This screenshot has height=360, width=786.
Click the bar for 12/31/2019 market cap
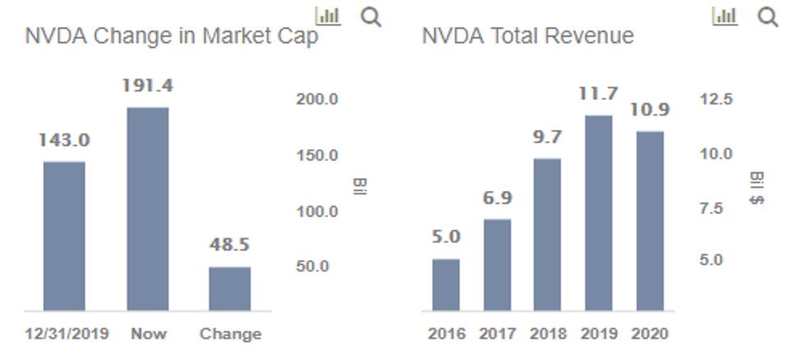(64, 236)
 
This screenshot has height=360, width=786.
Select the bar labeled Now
(148, 209)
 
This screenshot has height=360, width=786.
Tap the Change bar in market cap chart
(230, 289)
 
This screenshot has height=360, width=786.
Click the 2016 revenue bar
(446, 285)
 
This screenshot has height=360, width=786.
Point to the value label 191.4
(148, 86)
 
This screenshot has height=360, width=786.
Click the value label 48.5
(230, 244)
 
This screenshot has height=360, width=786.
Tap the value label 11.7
(597, 93)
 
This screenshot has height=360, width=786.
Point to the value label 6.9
(497, 198)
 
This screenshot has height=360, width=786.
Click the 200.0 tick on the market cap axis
(317, 99)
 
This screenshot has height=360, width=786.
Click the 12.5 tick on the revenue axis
(716, 99)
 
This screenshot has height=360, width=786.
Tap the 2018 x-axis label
(547, 334)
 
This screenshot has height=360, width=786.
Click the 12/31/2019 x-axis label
(64, 334)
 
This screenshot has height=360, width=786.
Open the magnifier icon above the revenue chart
(768, 16)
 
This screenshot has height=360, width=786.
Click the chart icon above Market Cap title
(328, 16)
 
